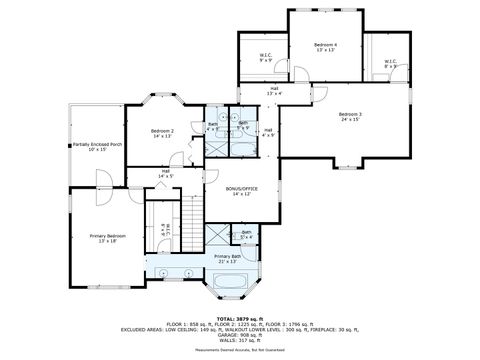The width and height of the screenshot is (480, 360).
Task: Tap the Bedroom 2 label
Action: tap(163, 133)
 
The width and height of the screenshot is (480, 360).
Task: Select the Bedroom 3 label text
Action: tap(350, 117)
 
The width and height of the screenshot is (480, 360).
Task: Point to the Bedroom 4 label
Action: tap(325, 47)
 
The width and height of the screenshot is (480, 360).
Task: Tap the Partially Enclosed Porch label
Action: tap(97, 147)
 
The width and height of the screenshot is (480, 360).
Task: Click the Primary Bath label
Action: tap(228, 258)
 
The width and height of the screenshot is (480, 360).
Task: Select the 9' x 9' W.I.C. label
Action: tap(266, 58)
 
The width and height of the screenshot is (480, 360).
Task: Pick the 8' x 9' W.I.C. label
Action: tap(390, 64)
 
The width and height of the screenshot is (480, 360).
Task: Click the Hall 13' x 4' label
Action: tap(273, 91)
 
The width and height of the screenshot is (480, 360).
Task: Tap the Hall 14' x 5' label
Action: tap(166, 173)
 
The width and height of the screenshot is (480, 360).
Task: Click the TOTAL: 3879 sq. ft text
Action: tap(239, 318)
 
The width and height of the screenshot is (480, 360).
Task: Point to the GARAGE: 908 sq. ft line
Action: tap(239, 335)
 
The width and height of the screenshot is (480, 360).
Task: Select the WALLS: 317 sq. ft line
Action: tap(239, 341)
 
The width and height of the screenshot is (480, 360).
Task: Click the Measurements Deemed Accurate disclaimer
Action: tap(239, 350)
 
